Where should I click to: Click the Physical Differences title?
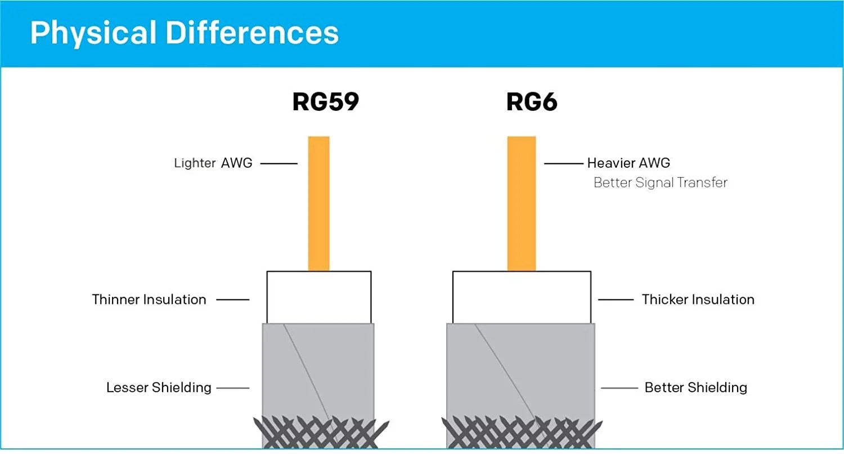185,33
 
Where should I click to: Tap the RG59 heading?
325,102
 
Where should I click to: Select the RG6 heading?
532,102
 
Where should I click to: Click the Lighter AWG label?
213,164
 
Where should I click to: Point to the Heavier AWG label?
628,163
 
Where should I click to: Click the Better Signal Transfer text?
661,183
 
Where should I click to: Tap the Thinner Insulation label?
149,299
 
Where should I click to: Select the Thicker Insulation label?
698,299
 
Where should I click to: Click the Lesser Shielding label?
159,388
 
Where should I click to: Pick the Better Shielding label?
695,388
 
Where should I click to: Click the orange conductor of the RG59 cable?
318,203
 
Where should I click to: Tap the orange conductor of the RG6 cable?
522,203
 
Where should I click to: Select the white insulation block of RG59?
318,297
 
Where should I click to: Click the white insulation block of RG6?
522,297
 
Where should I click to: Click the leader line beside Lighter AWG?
279,164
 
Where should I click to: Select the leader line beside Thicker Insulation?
616,299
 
